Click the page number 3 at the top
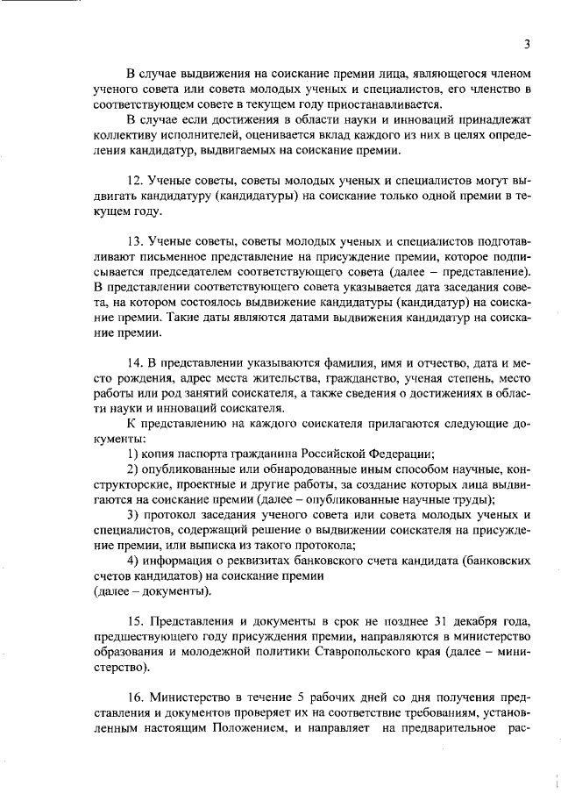coord(527,45)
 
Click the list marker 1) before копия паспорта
coord(134,454)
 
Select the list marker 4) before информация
coord(134,561)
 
